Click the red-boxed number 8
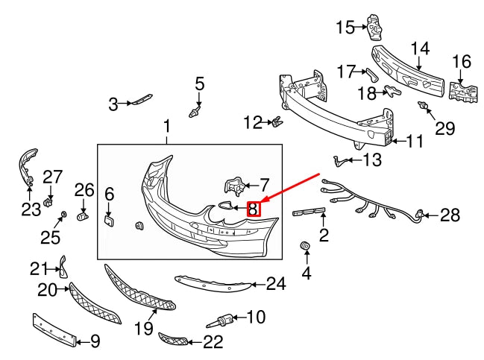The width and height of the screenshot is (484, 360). [254, 209]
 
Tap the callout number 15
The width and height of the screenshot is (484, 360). [345, 28]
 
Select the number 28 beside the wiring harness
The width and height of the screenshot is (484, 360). [450, 215]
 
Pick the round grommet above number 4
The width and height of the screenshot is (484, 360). [305, 246]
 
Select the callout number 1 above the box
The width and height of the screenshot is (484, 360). [166, 126]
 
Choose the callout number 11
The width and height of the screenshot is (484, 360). [415, 139]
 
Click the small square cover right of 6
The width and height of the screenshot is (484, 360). [108, 219]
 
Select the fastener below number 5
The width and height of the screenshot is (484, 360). [195, 114]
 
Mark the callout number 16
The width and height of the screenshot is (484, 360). [462, 61]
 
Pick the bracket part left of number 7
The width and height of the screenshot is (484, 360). [232, 186]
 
